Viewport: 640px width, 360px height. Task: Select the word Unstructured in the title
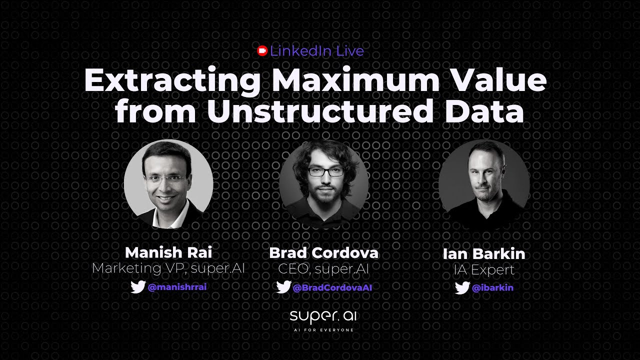tap(319, 111)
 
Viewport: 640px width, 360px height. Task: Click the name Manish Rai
tap(168, 252)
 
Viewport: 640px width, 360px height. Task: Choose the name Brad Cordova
tap(323, 253)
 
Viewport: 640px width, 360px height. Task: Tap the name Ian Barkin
tap(484, 254)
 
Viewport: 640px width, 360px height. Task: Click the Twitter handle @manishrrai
tap(177, 287)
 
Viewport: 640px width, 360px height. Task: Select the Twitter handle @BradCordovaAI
tap(332, 287)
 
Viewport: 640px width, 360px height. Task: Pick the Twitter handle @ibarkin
tap(492, 288)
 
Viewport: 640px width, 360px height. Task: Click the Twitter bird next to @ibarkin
tap(462, 288)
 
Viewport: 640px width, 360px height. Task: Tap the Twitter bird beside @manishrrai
tap(138, 287)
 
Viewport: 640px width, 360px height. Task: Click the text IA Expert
tap(484, 270)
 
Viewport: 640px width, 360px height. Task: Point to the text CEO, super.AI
tap(323, 269)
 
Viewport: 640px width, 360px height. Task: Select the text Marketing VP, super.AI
tap(168, 268)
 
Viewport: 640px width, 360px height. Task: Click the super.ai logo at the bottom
tap(323, 316)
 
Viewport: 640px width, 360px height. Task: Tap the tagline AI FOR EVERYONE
tap(323, 330)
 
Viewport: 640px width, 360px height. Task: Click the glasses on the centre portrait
tap(325, 172)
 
